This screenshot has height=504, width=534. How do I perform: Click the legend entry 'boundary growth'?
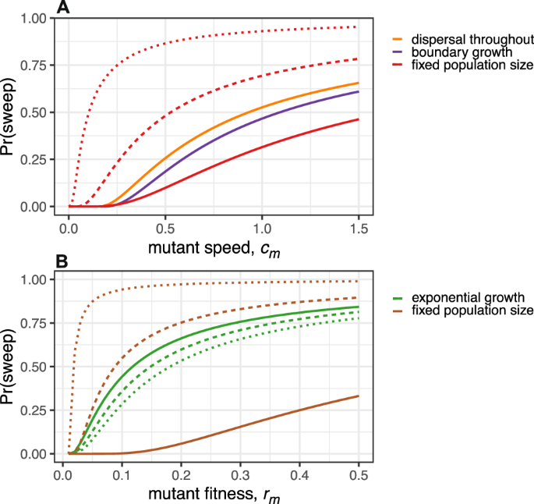coord(453,51)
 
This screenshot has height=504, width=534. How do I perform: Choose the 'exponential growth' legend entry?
coord(459,296)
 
